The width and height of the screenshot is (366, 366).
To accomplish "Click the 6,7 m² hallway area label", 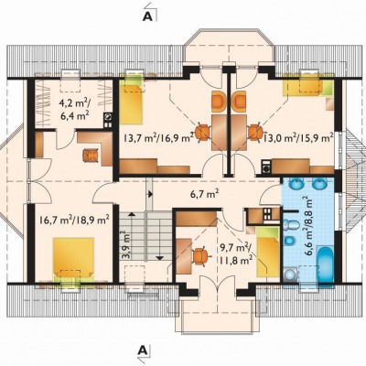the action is [x=205, y=193].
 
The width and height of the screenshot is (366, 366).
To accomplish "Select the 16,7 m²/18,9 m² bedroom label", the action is [x=74, y=220].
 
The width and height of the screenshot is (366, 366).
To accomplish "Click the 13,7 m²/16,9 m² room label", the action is [x=158, y=138].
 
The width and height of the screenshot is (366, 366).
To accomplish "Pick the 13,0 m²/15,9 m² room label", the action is [x=298, y=138].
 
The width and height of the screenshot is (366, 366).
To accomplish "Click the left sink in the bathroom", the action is [x=296, y=184].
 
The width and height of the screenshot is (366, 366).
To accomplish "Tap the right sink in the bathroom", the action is [x=319, y=184].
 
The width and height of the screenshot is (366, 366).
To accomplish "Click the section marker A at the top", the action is [x=147, y=16].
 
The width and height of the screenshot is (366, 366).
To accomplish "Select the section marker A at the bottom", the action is [x=142, y=350].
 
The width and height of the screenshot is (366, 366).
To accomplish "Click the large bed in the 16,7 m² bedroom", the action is [x=73, y=259].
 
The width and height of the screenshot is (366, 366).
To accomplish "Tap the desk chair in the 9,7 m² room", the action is [x=200, y=256].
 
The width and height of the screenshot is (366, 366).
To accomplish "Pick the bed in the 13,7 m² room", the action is [x=131, y=100].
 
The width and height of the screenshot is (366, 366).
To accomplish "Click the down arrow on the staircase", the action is [x=159, y=258].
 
